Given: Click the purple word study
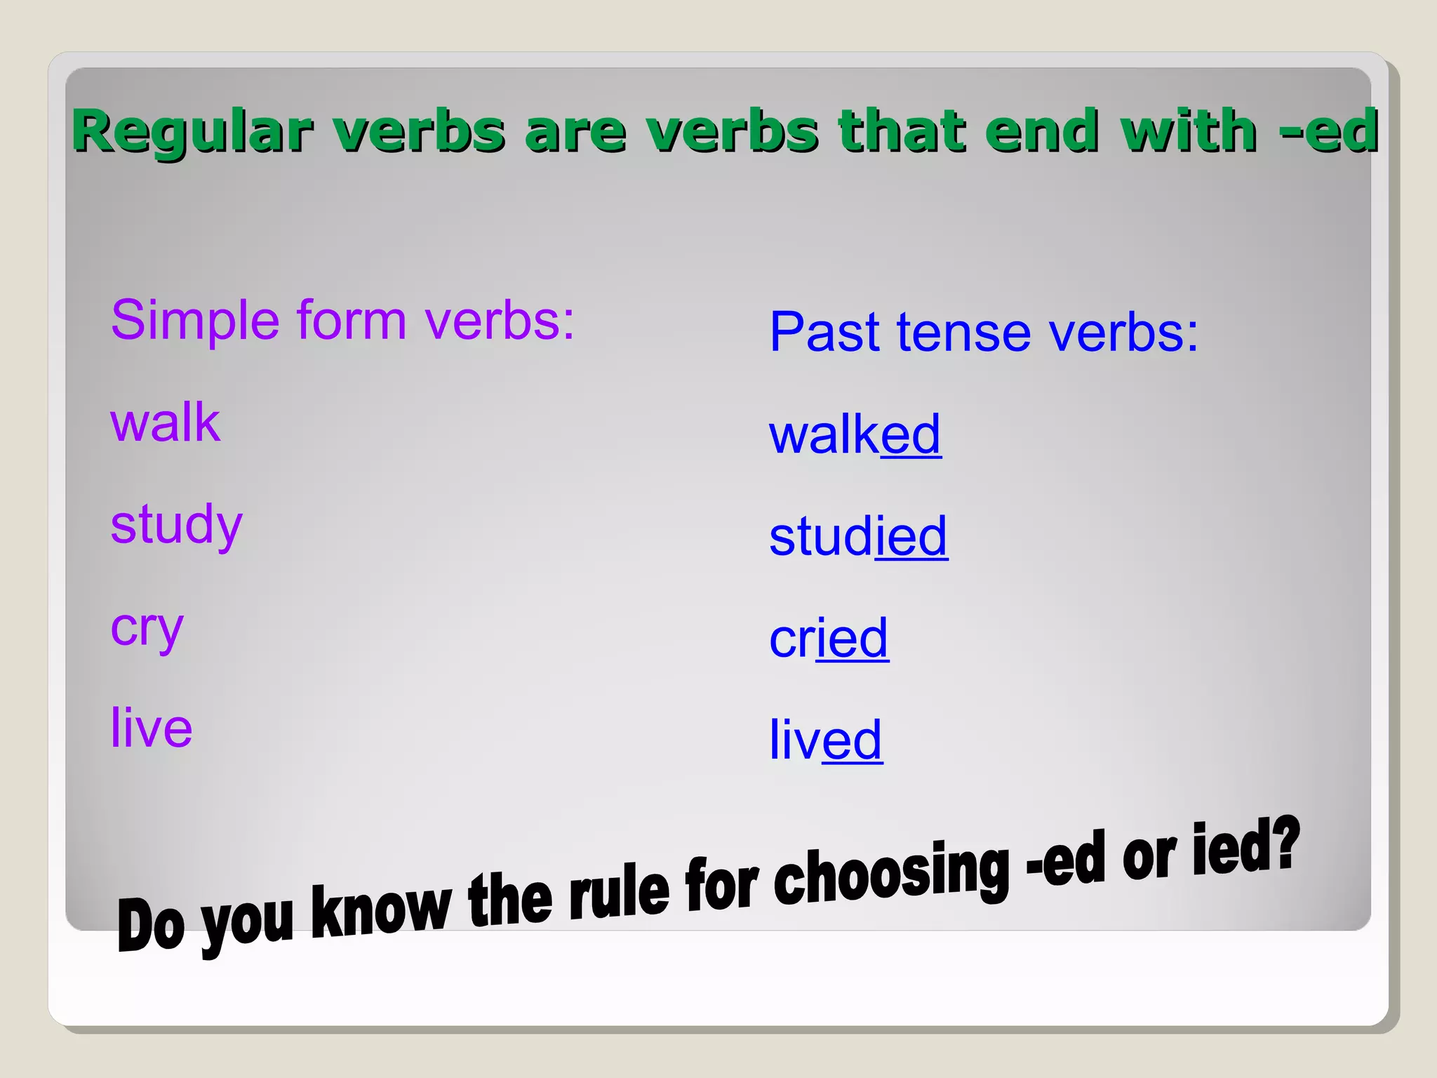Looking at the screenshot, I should point(177,526).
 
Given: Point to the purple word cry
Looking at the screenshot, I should point(147,628).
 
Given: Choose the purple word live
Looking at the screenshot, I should point(152,728).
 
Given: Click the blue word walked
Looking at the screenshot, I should point(855,435).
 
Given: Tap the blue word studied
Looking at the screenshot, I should point(858,537).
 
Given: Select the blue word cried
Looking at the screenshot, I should point(829,639).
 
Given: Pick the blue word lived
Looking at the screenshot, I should point(826,740).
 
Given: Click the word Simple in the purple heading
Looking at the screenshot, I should point(195,321).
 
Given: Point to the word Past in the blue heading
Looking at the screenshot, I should point(825,332).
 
